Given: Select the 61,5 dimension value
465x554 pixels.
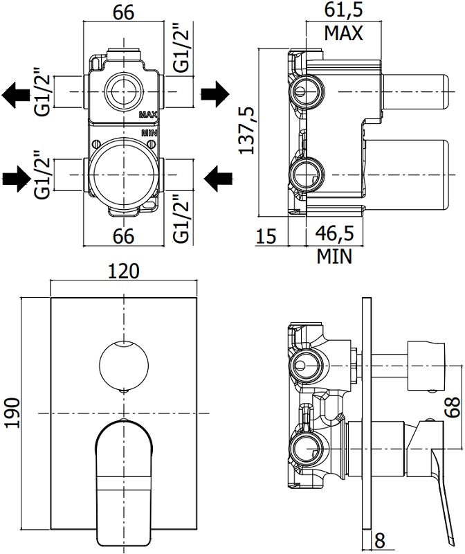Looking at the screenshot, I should point(343,10).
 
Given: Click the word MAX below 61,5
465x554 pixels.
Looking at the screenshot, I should point(343,34).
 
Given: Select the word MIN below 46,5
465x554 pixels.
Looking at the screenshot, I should point(335,257).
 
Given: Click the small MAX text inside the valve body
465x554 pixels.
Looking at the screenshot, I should point(149,114).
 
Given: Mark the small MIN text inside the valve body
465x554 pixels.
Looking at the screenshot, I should point(149,131).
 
